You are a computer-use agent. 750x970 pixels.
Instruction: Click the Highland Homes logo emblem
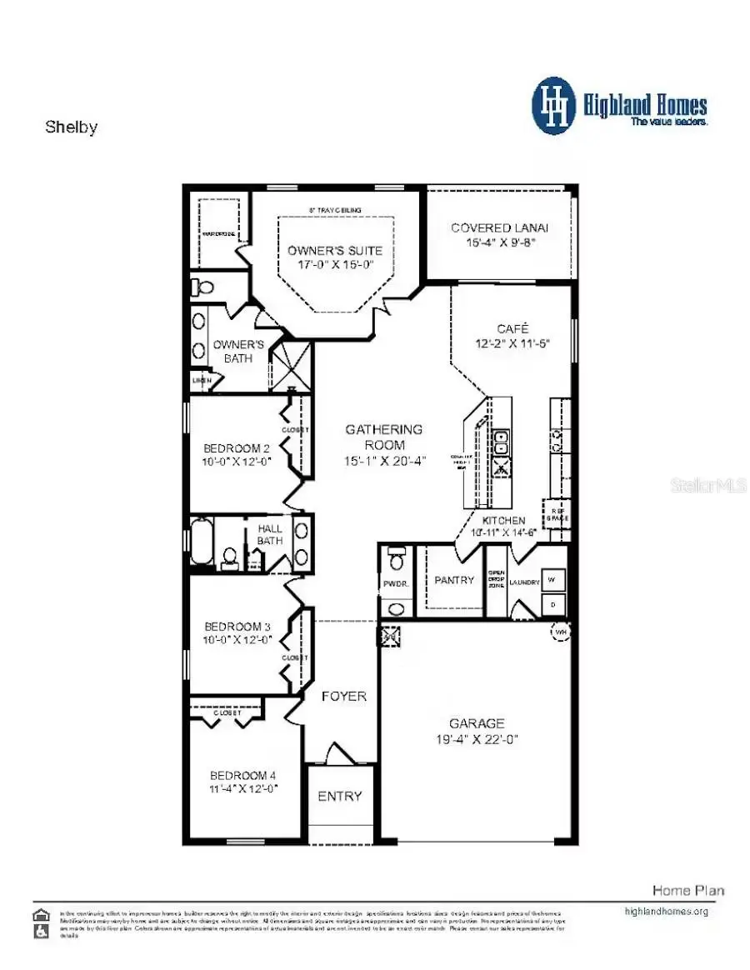pyautogui.click(x=553, y=106)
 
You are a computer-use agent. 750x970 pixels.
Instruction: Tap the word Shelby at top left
pyautogui.click(x=71, y=127)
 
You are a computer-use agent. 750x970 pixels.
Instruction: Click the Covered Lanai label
pyautogui.click(x=499, y=227)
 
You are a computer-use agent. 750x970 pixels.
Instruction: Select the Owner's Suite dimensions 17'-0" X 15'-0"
pyautogui.click(x=335, y=264)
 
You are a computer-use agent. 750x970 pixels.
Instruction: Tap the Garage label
pyautogui.click(x=476, y=723)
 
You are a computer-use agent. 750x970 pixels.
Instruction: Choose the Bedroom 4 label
pyautogui.click(x=242, y=774)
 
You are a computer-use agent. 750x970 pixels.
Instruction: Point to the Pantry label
pyautogui.click(x=454, y=580)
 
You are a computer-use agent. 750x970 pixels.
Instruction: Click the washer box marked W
pyautogui.click(x=554, y=579)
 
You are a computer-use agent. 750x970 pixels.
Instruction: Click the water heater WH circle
pyautogui.click(x=561, y=632)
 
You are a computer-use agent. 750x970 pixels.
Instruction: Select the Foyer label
pyautogui.click(x=343, y=696)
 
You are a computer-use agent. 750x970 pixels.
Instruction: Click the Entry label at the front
pyautogui.click(x=340, y=796)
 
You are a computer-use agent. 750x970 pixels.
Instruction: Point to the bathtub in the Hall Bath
pyautogui.click(x=202, y=542)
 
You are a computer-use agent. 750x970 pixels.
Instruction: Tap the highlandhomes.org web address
pyautogui.click(x=666, y=911)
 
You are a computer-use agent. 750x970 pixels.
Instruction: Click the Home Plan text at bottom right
pyautogui.click(x=687, y=890)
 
